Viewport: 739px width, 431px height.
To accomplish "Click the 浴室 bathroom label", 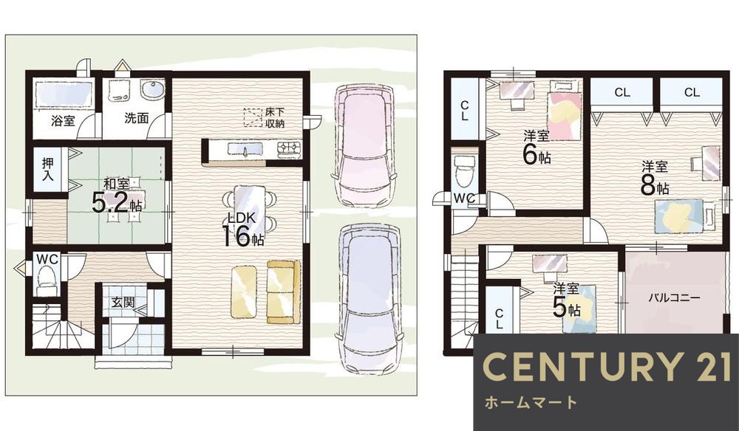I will click(63, 120).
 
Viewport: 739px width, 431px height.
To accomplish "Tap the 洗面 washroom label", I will click(136, 117).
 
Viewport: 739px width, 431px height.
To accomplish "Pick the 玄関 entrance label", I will click(122, 303).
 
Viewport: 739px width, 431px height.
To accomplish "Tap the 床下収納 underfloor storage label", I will click(274, 118).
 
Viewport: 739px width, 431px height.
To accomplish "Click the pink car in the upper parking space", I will click(363, 145).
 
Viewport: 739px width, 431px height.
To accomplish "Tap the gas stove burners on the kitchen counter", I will click(288, 149).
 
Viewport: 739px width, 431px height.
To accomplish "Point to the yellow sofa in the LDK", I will click(284, 291).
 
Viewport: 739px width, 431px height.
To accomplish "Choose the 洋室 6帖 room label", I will click(537, 146).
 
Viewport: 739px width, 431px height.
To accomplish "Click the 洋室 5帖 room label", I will click(567, 299).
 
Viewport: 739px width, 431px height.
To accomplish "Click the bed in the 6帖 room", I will click(564, 115).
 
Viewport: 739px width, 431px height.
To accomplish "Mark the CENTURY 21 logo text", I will click(606, 368).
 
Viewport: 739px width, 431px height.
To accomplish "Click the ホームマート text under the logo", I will click(530, 403).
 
